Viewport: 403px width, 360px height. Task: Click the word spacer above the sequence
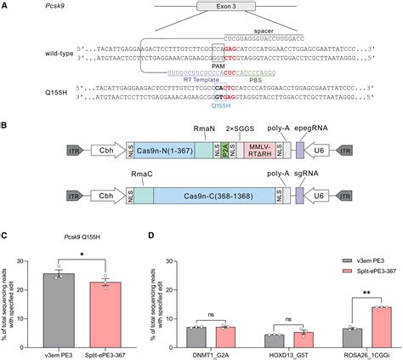tap(253, 27)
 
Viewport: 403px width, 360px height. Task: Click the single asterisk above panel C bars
tap(82, 255)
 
